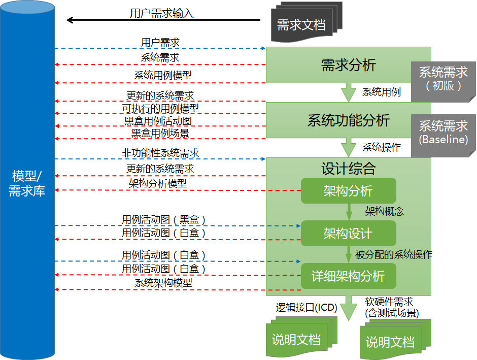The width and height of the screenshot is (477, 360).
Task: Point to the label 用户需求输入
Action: pos(162,13)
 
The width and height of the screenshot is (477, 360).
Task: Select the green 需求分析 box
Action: pos(348,65)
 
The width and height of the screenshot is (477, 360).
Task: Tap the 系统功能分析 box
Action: pos(348,120)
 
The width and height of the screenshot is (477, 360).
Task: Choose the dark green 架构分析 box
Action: pos(348,191)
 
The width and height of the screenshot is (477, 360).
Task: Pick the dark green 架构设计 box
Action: pos(348,234)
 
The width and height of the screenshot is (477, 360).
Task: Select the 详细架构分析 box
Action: pos(348,276)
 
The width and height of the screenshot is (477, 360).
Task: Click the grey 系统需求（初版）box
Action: pos(443,79)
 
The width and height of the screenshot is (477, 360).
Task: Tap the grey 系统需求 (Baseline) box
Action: pos(443,132)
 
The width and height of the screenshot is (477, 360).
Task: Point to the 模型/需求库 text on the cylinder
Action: pos(27,183)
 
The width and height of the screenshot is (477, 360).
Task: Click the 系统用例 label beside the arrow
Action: pos(382,92)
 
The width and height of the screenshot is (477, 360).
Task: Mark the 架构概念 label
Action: pos(385,211)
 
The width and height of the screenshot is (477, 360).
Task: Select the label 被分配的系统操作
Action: pos(394,254)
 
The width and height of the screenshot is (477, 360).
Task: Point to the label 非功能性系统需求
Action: pos(160,153)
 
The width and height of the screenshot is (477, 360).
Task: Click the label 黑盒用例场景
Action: pos(160,133)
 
